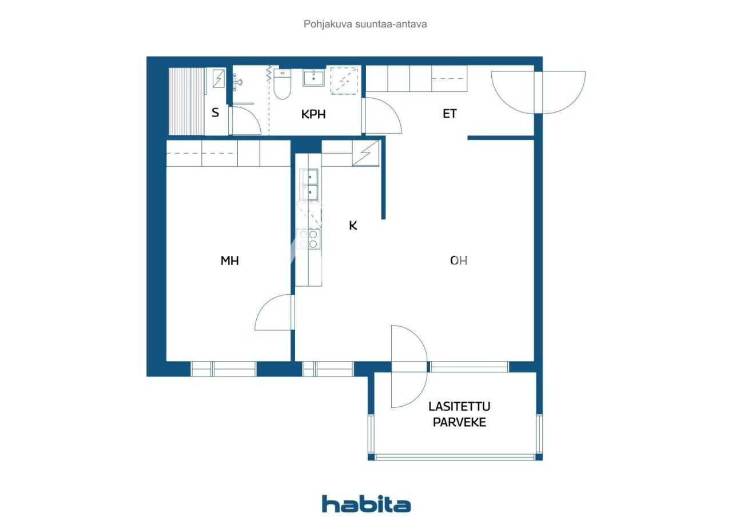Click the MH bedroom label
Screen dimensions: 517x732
coord(229,261)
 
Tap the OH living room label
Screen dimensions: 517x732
coord(459,260)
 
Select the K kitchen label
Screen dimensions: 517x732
coord(353,226)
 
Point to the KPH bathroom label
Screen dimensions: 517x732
coord(313,114)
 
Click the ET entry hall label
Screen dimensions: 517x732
coord(450,114)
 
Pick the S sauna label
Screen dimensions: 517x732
coord(216,113)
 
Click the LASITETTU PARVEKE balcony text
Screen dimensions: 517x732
coord(460,415)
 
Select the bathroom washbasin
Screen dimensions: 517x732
coord(313,78)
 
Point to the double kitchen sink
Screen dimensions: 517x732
coord(309,185)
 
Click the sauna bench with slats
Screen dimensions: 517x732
coord(186,101)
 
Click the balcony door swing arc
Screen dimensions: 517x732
coord(409,367)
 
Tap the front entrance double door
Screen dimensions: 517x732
coord(538,91)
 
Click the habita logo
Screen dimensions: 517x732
coord(366,504)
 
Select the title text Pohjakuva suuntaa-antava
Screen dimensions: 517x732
coord(365,25)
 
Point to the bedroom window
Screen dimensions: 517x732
coord(224,369)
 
